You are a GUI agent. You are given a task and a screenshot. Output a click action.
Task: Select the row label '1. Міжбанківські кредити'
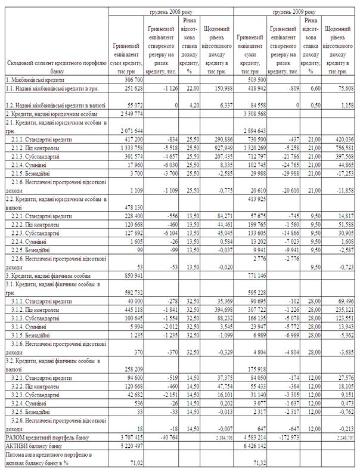click(x=35, y=79)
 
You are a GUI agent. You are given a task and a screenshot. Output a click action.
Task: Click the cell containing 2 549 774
click(x=128, y=112)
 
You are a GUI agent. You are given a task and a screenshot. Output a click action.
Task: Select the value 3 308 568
click(x=251, y=112)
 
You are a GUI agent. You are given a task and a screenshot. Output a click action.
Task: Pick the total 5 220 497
click(x=128, y=446)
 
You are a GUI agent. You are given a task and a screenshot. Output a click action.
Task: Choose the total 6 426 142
click(x=251, y=446)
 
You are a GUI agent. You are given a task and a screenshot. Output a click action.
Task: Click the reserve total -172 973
click(x=285, y=438)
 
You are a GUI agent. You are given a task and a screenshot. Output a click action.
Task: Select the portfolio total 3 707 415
click(x=128, y=438)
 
